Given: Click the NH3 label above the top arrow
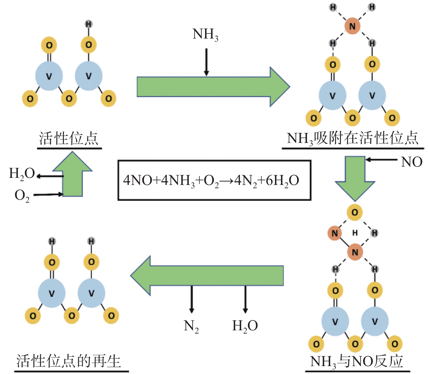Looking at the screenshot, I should (205, 35).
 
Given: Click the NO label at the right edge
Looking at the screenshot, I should (412, 162).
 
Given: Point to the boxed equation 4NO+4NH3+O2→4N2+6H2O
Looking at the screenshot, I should (214, 180).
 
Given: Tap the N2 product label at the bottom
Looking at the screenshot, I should (191, 326).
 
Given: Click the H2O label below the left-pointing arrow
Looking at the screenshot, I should (245, 326).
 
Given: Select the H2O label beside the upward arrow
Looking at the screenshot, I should (22, 173).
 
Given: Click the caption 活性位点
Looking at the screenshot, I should (69, 138).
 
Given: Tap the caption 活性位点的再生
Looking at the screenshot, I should (69, 361).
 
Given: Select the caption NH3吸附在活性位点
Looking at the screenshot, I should (352, 138).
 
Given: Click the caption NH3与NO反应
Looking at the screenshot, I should (357, 361).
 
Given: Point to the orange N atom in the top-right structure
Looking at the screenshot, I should (352, 26).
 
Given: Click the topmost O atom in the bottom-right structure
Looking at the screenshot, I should (355, 212).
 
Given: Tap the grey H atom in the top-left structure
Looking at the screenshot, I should (88, 24).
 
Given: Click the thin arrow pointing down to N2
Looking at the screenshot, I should (192, 299).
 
